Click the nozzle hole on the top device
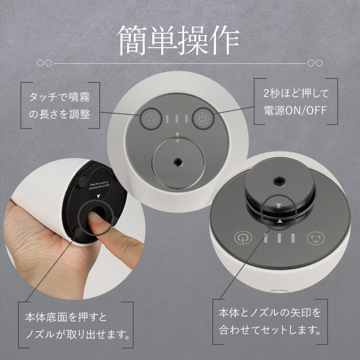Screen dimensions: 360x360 (177, 162)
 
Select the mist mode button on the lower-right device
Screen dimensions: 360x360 (314, 238)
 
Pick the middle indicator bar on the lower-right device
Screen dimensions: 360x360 (279, 238)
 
